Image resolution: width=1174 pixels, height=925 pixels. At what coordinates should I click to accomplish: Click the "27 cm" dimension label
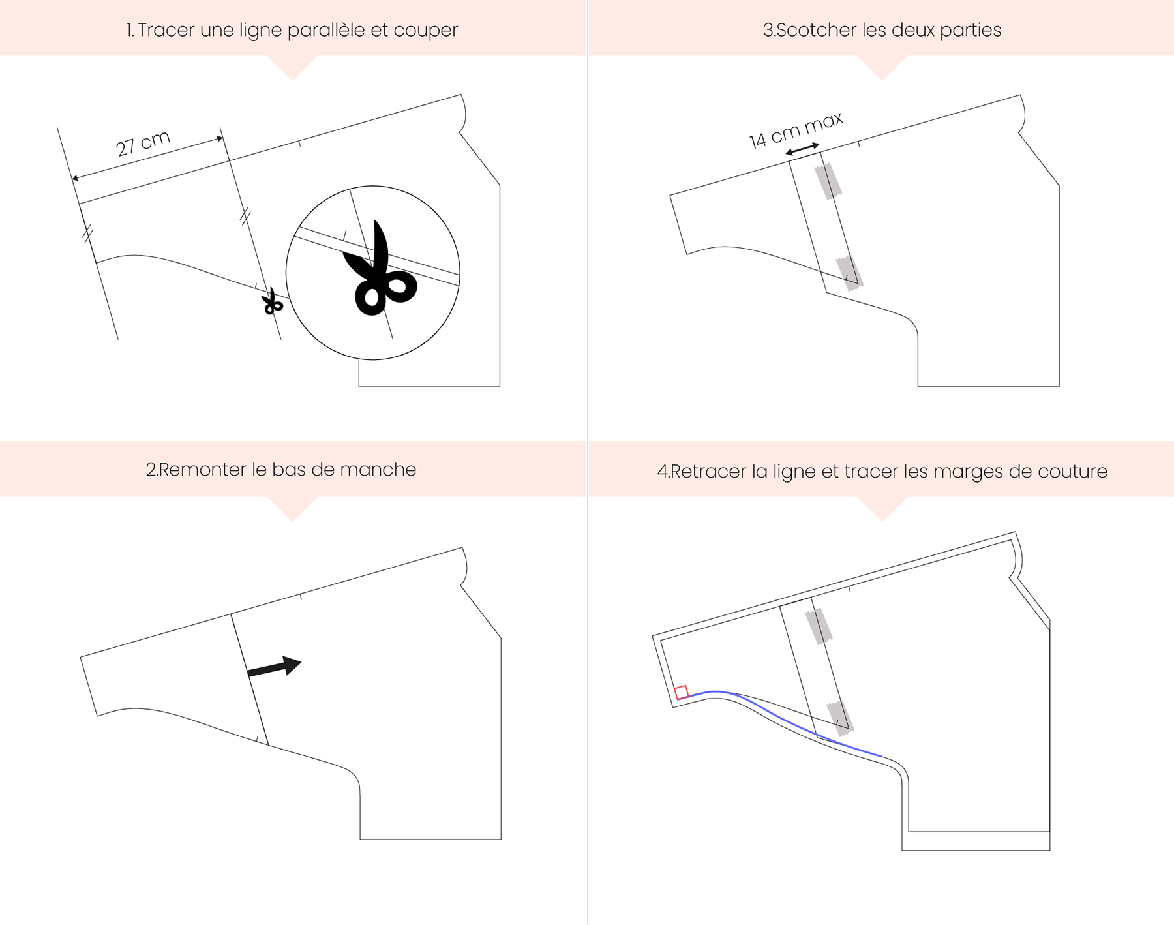click(x=143, y=144)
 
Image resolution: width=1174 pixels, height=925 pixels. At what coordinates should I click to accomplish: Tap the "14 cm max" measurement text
click(x=796, y=130)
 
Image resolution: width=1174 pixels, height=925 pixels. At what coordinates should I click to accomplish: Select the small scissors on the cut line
click(x=272, y=301)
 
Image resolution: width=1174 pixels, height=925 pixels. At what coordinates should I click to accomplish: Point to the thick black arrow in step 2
click(x=274, y=667)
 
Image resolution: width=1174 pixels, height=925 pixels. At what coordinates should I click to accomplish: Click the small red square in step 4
click(x=681, y=692)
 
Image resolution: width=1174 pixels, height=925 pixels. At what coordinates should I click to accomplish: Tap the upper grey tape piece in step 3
click(x=827, y=181)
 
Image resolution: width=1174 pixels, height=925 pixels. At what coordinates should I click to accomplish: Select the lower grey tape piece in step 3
click(x=850, y=272)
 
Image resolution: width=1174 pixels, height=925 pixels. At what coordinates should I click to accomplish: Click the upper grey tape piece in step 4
click(x=818, y=626)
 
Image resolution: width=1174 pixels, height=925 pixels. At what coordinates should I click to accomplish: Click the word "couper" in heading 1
click(x=425, y=31)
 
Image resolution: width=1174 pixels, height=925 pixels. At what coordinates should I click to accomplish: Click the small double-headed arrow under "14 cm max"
click(x=802, y=149)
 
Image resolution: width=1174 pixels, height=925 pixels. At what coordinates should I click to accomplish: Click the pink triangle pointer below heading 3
click(x=882, y=65)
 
